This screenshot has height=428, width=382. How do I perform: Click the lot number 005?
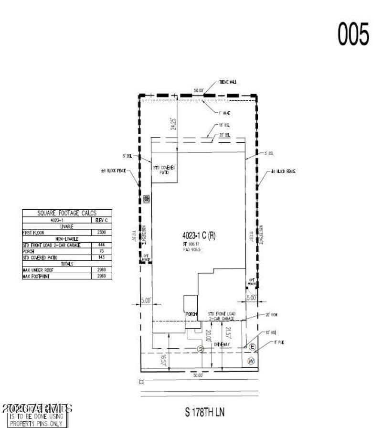(x=354, y=35)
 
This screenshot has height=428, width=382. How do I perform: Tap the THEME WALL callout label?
(x=228, y=82)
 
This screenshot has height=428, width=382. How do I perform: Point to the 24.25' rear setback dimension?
(x=173, y=124)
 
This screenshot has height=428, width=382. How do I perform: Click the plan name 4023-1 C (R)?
(x=199, y=236)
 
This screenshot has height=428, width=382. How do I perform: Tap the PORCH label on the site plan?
(x=191, y=314)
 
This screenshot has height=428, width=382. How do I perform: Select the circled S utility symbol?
(x=201, y=349)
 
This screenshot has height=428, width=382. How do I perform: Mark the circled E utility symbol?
(x=252, y=346)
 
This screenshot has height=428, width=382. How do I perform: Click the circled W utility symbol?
(x=251, y=361)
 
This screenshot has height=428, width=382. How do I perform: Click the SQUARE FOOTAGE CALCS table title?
(x=67, y=214)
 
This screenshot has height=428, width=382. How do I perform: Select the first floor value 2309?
(x=101, y=233)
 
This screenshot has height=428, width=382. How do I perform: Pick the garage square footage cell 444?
(x=101, y=245)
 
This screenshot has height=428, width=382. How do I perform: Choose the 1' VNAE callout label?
(x=224, y=113)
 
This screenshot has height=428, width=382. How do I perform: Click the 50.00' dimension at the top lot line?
(x=198, y=90)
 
